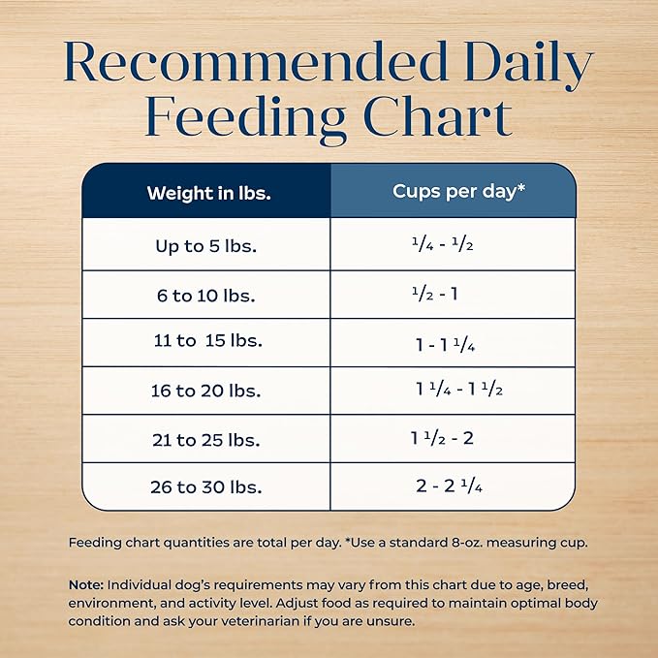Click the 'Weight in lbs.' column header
coord(208,192)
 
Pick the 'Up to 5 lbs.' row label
coord(206,246)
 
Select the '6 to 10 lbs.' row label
coord(206,296)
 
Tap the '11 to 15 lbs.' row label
coord(207,342)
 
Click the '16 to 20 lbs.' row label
coord(206,391)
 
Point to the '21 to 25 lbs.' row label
coord(206,439)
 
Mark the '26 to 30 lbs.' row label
coord(206,486)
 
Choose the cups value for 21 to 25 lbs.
coord(442,438)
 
